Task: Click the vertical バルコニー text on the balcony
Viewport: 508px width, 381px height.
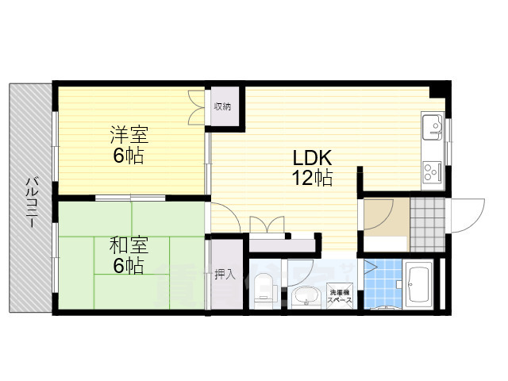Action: pyautogui.click(x=30, y=202)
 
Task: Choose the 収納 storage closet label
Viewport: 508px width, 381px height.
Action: pyautogui.click(x=222, y=106)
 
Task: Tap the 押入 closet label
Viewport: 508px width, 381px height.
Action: pyautogui.click(x=224, y=275)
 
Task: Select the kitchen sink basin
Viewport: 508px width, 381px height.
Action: pyautogui.click(x=432, y=125)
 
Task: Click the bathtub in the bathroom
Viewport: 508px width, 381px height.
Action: pyautogui.click(x=418, y=286)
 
